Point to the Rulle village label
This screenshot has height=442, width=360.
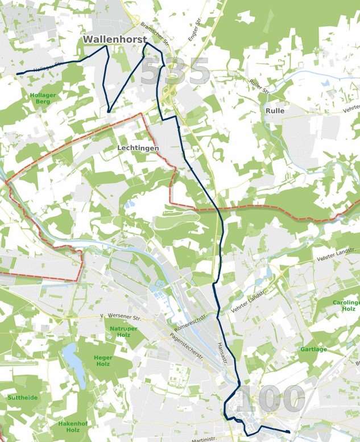click(x=275, y=110)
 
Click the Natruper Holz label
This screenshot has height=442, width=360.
click(x=119, y=332)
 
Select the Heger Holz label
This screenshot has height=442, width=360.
click(x=103, y=360)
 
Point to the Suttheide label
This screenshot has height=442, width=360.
click(x=22, y=397)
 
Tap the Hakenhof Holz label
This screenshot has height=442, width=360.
click(x=68, y=427)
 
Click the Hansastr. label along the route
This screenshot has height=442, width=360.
click(x=222, y=349)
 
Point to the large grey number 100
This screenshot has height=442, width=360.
click(x=271, y=399)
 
